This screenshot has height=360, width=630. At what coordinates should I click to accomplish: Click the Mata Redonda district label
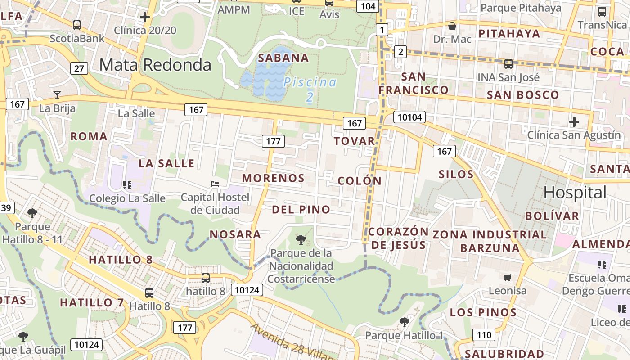click(155, 65)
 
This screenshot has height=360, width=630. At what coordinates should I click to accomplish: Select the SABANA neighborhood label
click(283, 58)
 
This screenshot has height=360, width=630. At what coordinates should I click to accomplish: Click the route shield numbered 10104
click(409, 117)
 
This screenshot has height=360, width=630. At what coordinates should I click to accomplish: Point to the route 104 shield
click(368, 6)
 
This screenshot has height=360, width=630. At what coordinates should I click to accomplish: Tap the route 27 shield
click(79, 68)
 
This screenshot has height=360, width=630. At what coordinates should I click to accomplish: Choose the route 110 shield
click(484, 334)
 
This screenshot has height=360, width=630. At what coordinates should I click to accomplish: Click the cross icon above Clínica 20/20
click(144, 18)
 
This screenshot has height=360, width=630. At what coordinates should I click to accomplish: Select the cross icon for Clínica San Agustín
click(574, 121)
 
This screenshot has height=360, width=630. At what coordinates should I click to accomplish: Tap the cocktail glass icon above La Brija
click(57, 94)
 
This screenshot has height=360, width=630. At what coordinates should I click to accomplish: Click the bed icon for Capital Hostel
click(215, 184)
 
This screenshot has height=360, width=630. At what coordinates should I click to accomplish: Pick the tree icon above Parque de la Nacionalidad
click(301, 239)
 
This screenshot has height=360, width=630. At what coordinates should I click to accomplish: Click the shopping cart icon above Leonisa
click(508, 277)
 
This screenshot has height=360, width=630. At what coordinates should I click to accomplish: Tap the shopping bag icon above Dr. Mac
click(452, 26)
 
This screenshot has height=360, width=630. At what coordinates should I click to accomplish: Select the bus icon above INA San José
click(508, 64)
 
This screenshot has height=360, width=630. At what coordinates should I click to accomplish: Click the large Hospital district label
click(575, 193)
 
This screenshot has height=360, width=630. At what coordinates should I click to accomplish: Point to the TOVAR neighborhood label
click(355, 141)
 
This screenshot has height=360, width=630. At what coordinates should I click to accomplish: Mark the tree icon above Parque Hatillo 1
click(405, 322)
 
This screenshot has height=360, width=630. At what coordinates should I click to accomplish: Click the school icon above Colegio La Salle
click(127, 184)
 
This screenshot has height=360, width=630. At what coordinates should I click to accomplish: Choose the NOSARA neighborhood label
click(235, 234)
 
